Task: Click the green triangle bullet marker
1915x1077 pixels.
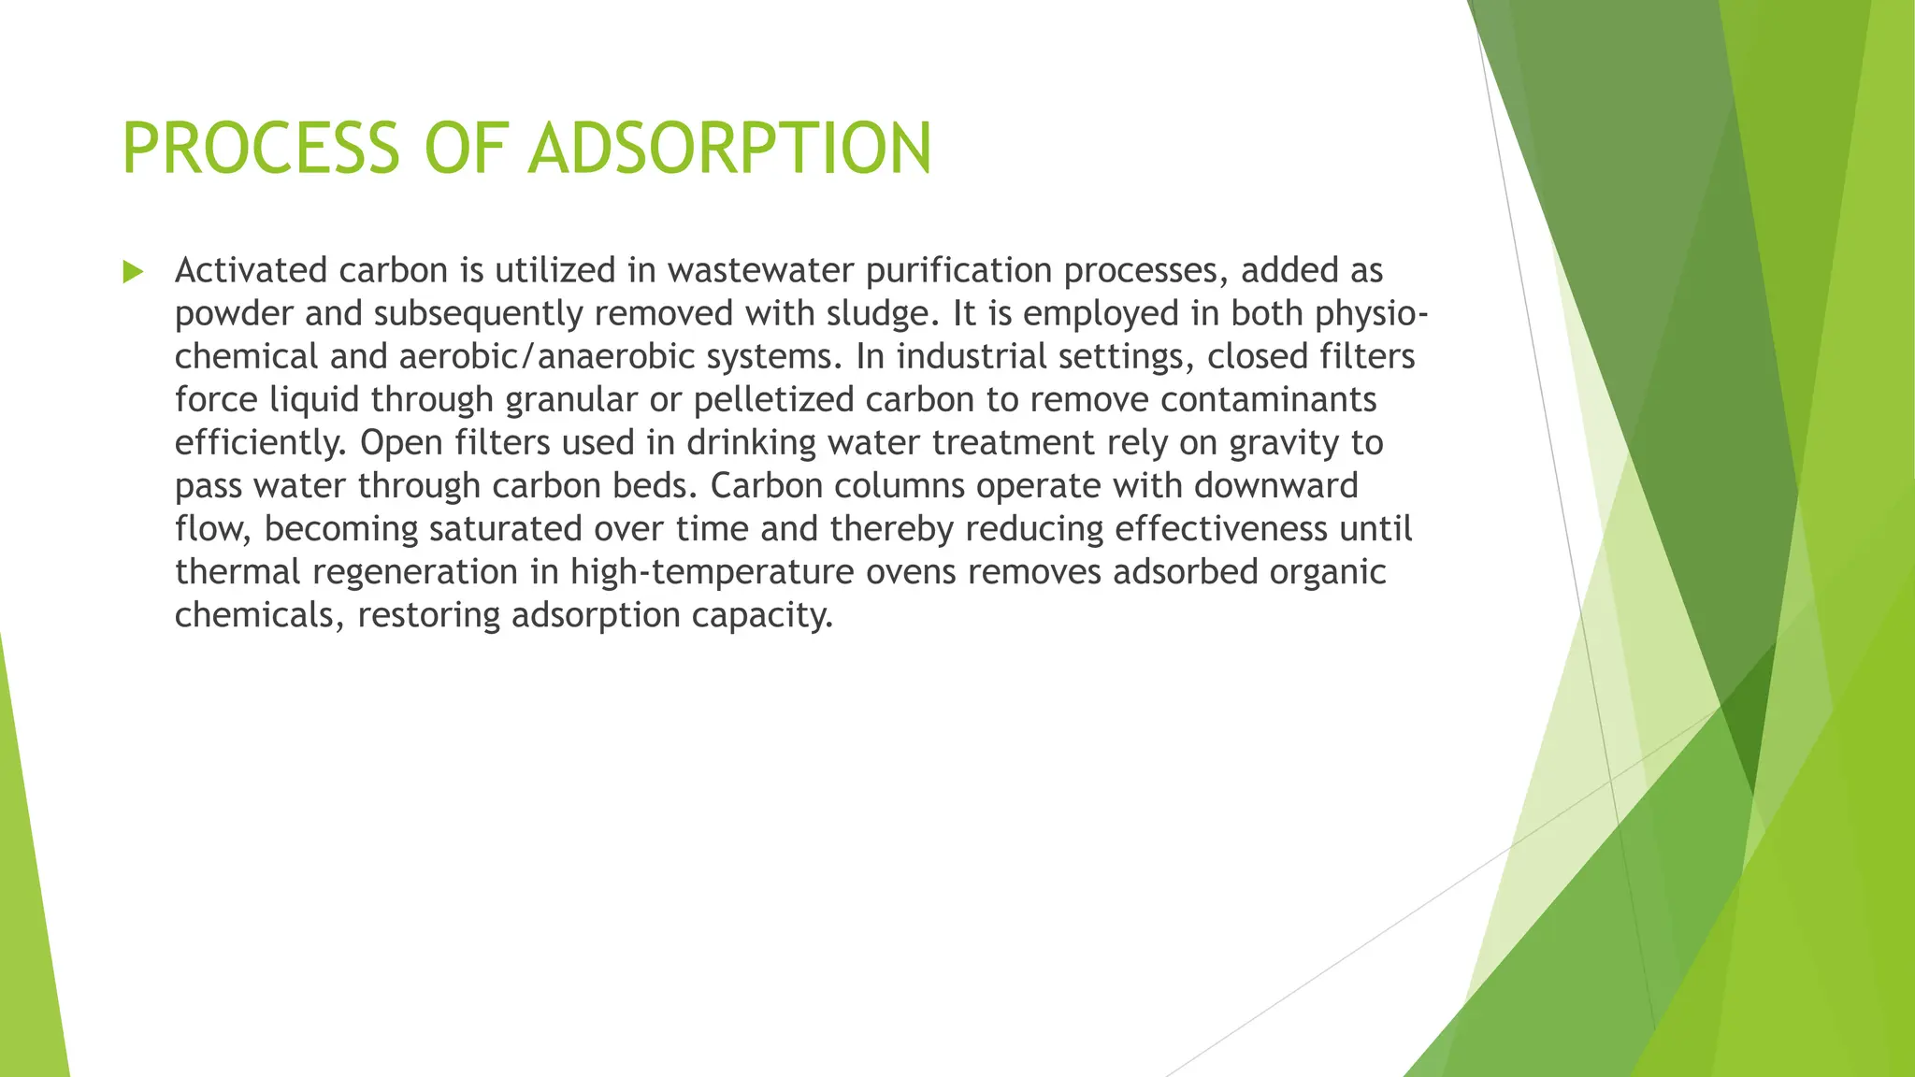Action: point(133,272)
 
